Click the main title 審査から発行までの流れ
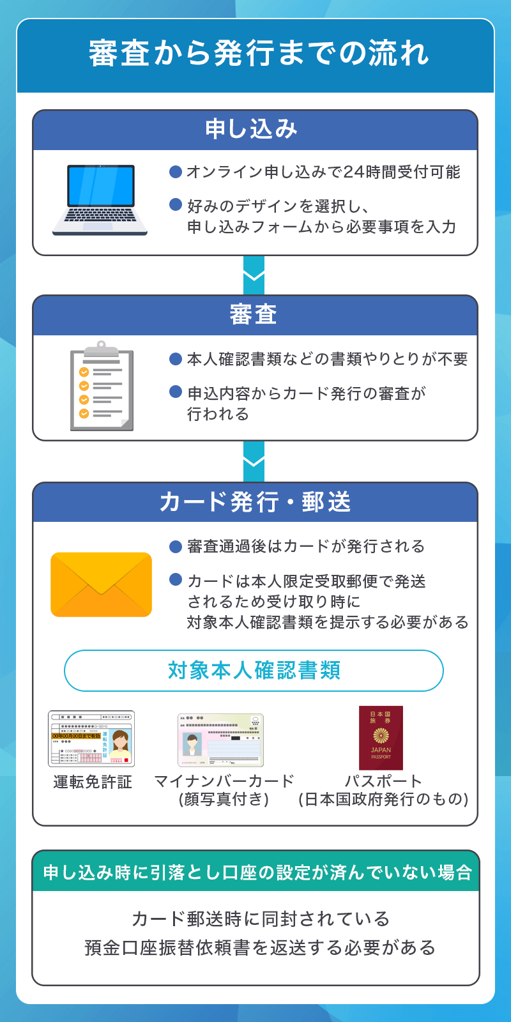pyautogui.click(x=258, y=54)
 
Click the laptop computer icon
pyautogui.click(x=101, y=199)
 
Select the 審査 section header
pyautogui.click(x=254, y=315)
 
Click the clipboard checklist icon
pyautogui.click(x=101, y=387)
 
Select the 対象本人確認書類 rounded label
pyautogui.click(x=254, y=671)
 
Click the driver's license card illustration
pyautogui.click(x=91, y=739)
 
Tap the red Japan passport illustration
pyautogui.click(x=381, y=738)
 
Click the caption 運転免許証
pyautogui.click(x=93, y=782)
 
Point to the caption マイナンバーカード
pyautogui.click(x=224, y=781)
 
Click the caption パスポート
pyautogui.click(x=383, y=781)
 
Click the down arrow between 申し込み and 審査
pyautogui.click(x=254, y=275)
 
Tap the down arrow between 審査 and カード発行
pyautogui.click(x=254, y=461)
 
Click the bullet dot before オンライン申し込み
pyautogui.click(x=176, y=172)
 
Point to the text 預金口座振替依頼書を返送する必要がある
pyautogui.click(x=260, y=947)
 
